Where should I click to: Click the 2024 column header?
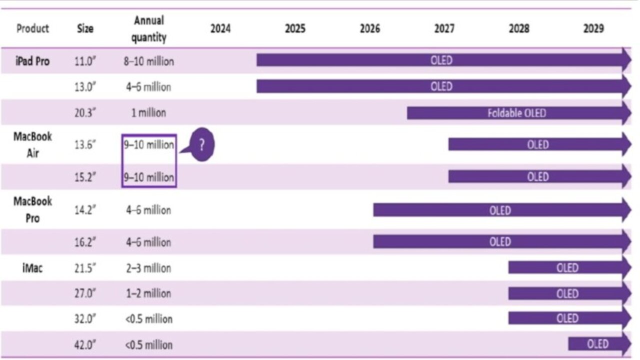pyautogui.click(x=220, y=28)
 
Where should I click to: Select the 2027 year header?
pyautogui.click(x=444, y=28)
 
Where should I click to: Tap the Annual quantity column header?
pyautogui.click(x=149, y=29)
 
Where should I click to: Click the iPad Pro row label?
pyautogui.click(x=32, y=61)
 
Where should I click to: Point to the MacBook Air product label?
pyautogui.click(x=32, y=144)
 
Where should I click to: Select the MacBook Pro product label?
pyautogui.click(x=32, y=209)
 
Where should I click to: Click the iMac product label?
pyautogui.click(x=32, y=268)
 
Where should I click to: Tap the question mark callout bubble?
pyautogui.click(x=201, y=145)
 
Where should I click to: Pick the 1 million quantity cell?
pyautogui.click(x=148, y=112)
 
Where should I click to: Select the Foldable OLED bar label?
pyautogui.click(x=516, y=112)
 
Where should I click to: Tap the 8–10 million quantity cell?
pyautogui.click(x=149, y=61)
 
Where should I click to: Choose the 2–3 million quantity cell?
pyautogui.click(x=148, y=268)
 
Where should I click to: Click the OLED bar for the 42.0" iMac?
pyautogui.click(x=598, y=344)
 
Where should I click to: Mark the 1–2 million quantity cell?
pyautogui.click(x=148, y=293)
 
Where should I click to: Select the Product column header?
pyautogui.click(x=32, y=28)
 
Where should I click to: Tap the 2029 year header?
pyautogui.click(x=593, y=28)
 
